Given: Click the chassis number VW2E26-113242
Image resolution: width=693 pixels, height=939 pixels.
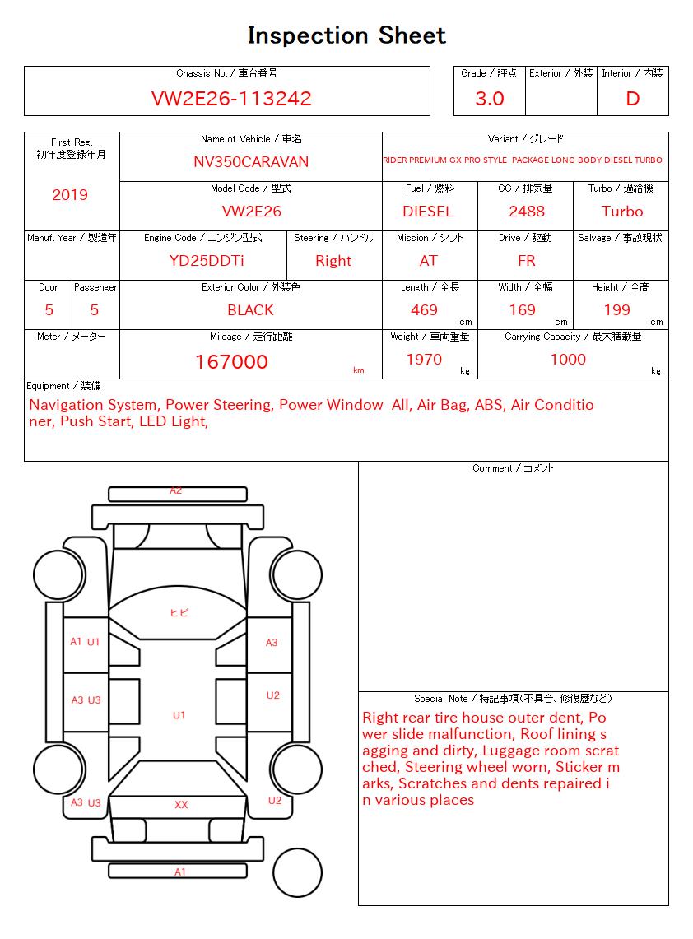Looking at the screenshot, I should pos(231,99).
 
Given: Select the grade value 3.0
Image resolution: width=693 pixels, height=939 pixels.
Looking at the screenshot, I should pos(490,99).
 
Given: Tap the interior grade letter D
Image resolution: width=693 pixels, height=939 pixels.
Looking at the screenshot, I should pos(632,99).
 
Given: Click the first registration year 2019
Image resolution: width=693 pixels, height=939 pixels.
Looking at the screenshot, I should pos(70,195).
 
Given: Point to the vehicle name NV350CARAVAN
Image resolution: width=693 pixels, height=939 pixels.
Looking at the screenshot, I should pos(251,162).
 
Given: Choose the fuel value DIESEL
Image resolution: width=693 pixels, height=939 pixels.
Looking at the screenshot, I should pos(428,212).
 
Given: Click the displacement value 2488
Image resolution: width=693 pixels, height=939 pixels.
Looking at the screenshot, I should pos(527,212).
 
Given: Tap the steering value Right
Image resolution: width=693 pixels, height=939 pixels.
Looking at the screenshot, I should pos(333,261).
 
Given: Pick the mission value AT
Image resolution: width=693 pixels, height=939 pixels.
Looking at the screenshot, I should pos(428,261).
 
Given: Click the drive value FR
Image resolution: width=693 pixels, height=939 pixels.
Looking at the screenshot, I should pos(527,261).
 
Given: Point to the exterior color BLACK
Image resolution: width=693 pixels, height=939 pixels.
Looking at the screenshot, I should pos(250,310).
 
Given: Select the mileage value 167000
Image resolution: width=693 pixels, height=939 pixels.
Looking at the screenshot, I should pos(231,362).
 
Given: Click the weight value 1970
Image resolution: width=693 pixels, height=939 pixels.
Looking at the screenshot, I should pos(424,360).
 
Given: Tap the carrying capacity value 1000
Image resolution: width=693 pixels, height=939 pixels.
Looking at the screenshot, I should pos(568,360).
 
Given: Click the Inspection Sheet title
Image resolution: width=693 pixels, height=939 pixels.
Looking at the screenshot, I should pos(346,36).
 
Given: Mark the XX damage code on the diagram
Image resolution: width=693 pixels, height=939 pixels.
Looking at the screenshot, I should pos(181,805).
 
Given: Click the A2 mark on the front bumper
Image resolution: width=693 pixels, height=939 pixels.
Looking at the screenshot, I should pos(176,491).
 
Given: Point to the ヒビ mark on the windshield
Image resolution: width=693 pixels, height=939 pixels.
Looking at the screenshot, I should pos(179,613).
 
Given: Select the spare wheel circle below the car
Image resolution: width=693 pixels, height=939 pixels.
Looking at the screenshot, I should pos(297,872).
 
